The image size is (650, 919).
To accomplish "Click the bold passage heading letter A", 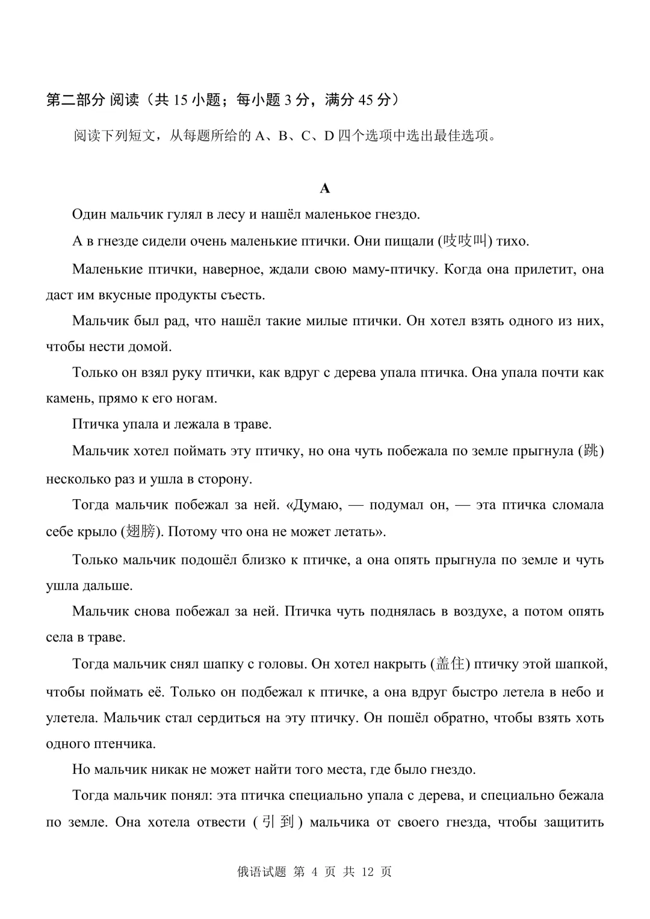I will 325,188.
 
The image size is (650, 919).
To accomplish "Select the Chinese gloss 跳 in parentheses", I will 592,451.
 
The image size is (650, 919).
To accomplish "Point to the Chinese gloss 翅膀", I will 141,531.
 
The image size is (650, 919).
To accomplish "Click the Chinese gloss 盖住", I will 451,664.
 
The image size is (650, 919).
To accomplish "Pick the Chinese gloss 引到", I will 274,822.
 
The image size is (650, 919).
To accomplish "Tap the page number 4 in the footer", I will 314,871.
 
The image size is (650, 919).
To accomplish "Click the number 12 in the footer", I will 368,871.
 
